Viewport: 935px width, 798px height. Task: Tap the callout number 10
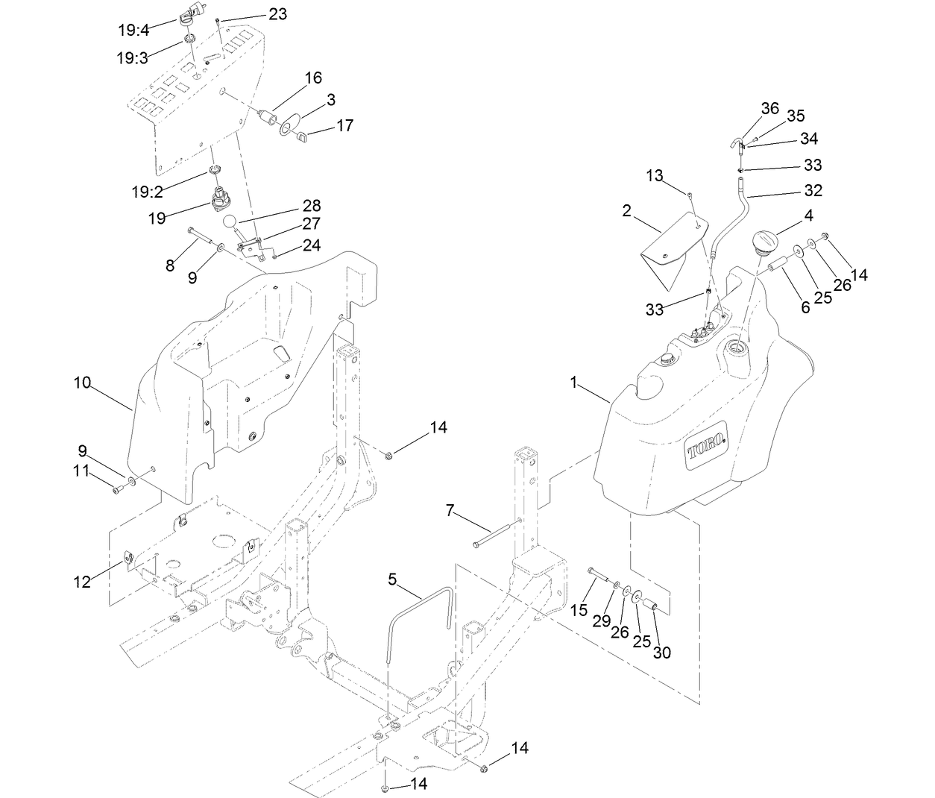pyautogui.click(x=82, y=383)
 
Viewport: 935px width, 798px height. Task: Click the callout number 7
pyautogui.click(x=449, y=510)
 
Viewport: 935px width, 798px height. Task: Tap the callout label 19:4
pyautogui.click(x=133, y=31)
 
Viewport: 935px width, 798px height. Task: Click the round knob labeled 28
pyautogui.click(x=233, y=222)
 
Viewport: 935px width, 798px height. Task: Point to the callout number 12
pyautogui.click(x=82, y=582)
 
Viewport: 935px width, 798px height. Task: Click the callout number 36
pyautogui.click(x=770, y=108)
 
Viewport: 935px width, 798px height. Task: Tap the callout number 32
pyautogui.click(x=813, y=190)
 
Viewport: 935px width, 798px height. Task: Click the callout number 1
pyautogui.click(x=574, y=383)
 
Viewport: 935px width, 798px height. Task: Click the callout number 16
pyautogui.click(x=313, y=78)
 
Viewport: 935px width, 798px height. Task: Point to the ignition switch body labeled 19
pyautogui.click(x=223, y=200)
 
